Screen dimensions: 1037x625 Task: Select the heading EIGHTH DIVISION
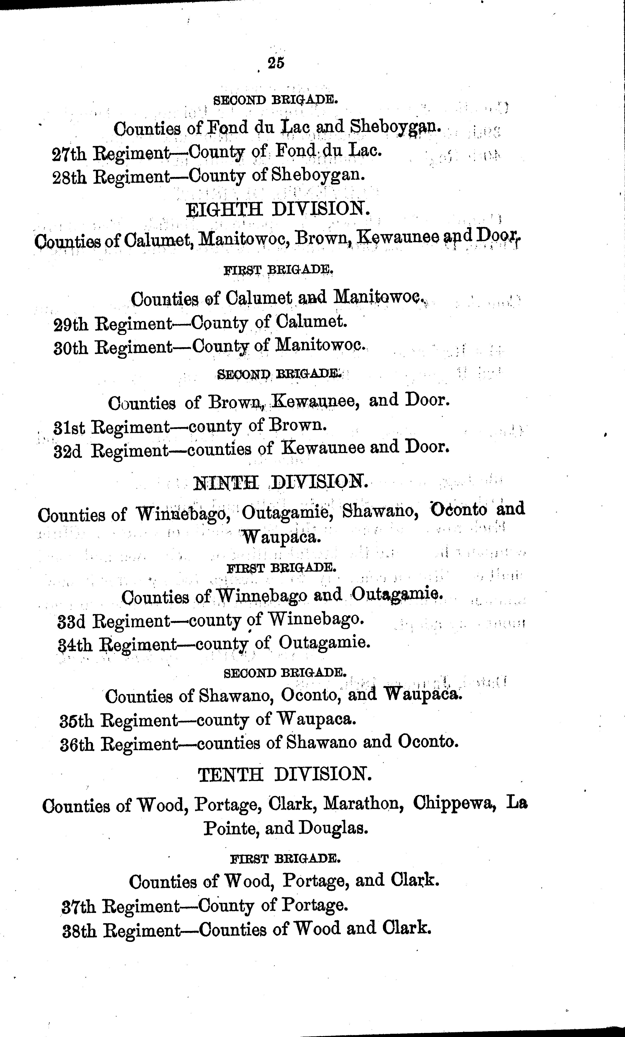coord(278,209)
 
